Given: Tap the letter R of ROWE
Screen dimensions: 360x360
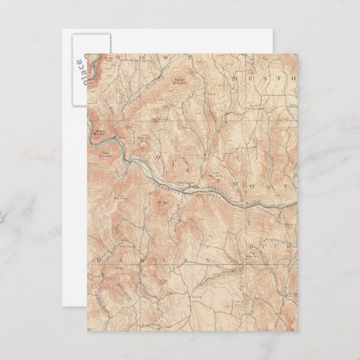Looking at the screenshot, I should point(118,58).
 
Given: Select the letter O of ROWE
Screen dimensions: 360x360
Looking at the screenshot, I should point(133,57).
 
